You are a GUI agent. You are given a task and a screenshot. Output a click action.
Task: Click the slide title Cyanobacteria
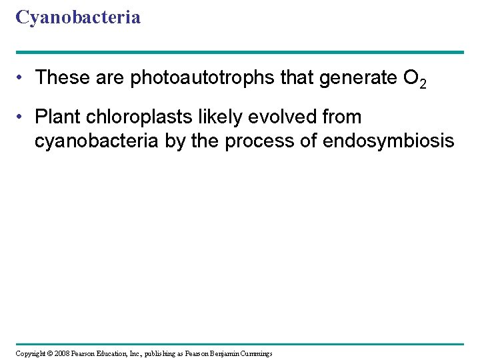78,17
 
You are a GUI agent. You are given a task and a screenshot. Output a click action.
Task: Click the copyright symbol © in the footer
49,353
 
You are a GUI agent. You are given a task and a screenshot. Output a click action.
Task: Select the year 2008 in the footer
63,353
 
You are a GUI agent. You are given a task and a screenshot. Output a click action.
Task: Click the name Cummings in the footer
253,353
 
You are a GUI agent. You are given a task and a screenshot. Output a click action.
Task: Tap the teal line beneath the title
240,52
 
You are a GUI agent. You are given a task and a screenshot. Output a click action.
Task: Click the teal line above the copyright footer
240,344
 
